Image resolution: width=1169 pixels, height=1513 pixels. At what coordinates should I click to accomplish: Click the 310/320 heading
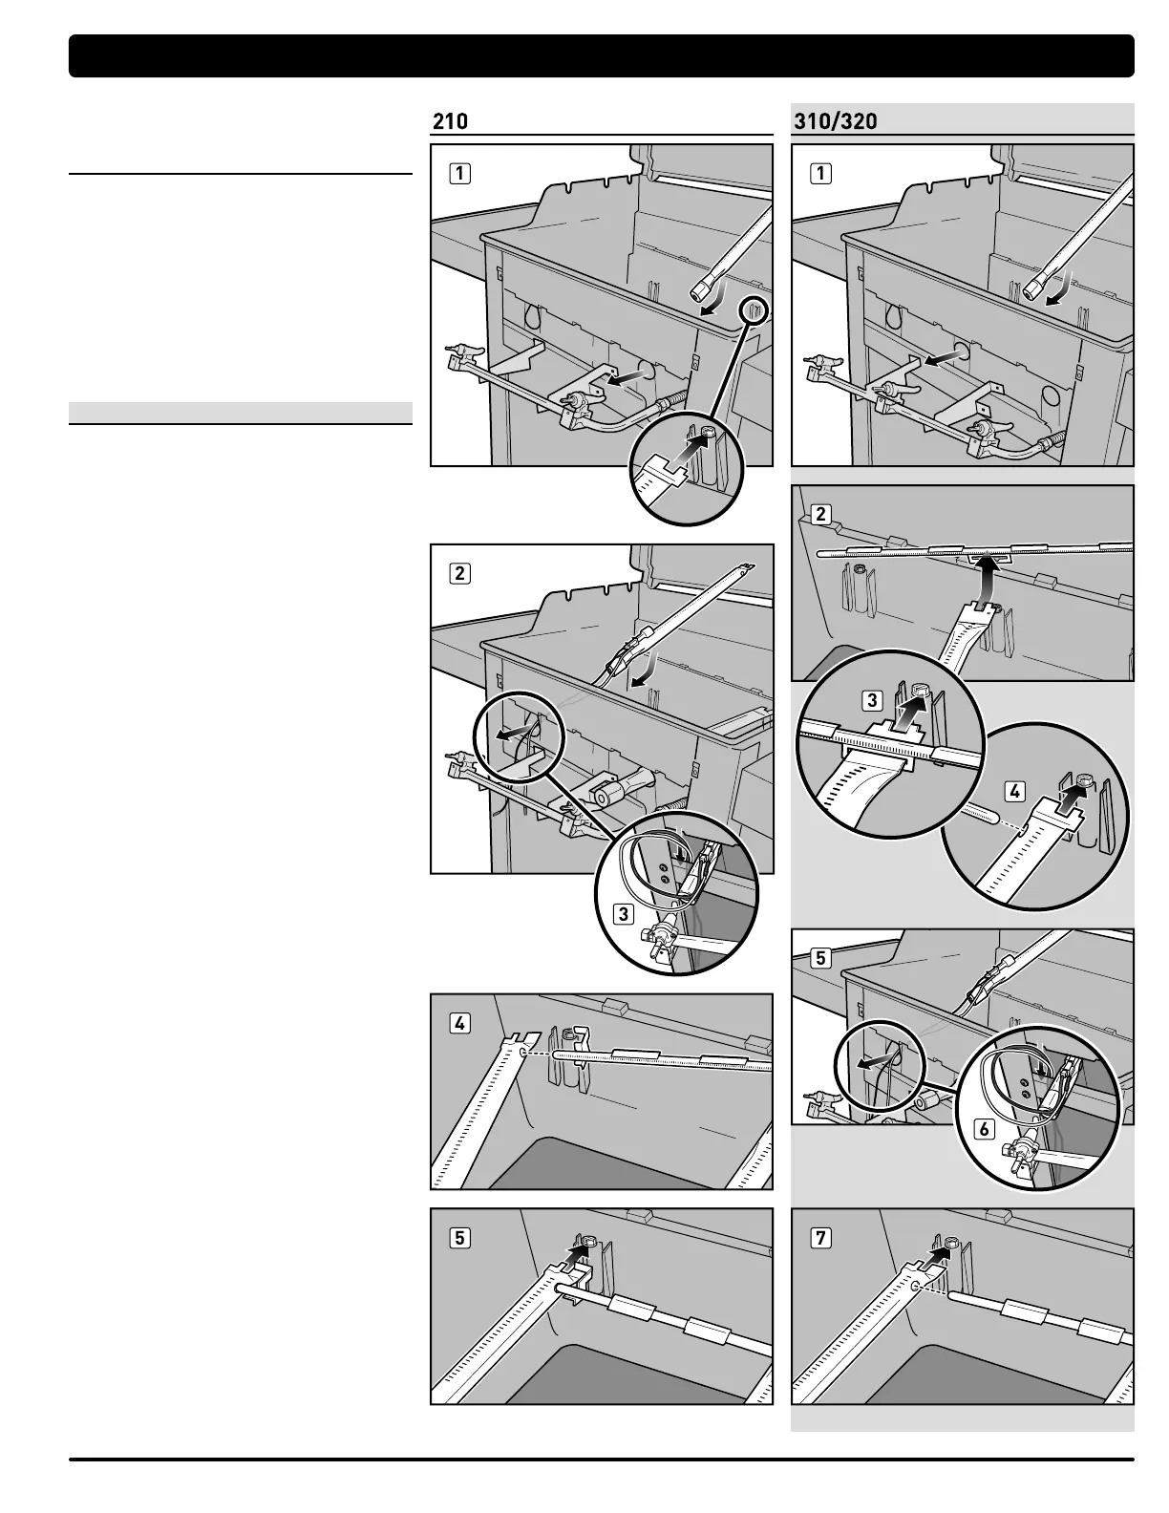[x=836, y=121]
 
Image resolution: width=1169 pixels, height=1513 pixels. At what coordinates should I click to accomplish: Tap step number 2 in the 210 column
[x=460, y=573]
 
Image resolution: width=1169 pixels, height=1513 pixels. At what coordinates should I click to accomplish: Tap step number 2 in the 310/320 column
[x=820, y=514]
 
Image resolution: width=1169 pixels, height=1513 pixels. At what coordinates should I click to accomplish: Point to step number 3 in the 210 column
[x=624, y=913]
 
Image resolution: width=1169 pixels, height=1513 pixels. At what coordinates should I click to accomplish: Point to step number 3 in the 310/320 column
[x=872, y=701]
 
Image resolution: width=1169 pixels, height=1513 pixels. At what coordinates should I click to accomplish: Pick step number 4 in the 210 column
[x=460, y=1023]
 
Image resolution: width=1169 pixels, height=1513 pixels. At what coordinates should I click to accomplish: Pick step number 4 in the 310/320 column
[x=1015, y=791]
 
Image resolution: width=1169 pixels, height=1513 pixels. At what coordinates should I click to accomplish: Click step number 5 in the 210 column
[x=460, y=1237]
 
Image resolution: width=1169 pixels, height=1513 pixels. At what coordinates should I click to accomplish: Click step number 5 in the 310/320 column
[x=820, y=957]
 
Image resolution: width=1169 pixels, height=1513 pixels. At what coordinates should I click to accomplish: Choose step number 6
[x=984, y=1129]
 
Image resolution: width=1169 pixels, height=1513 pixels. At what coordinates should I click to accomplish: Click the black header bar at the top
[x=602, y=55]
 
